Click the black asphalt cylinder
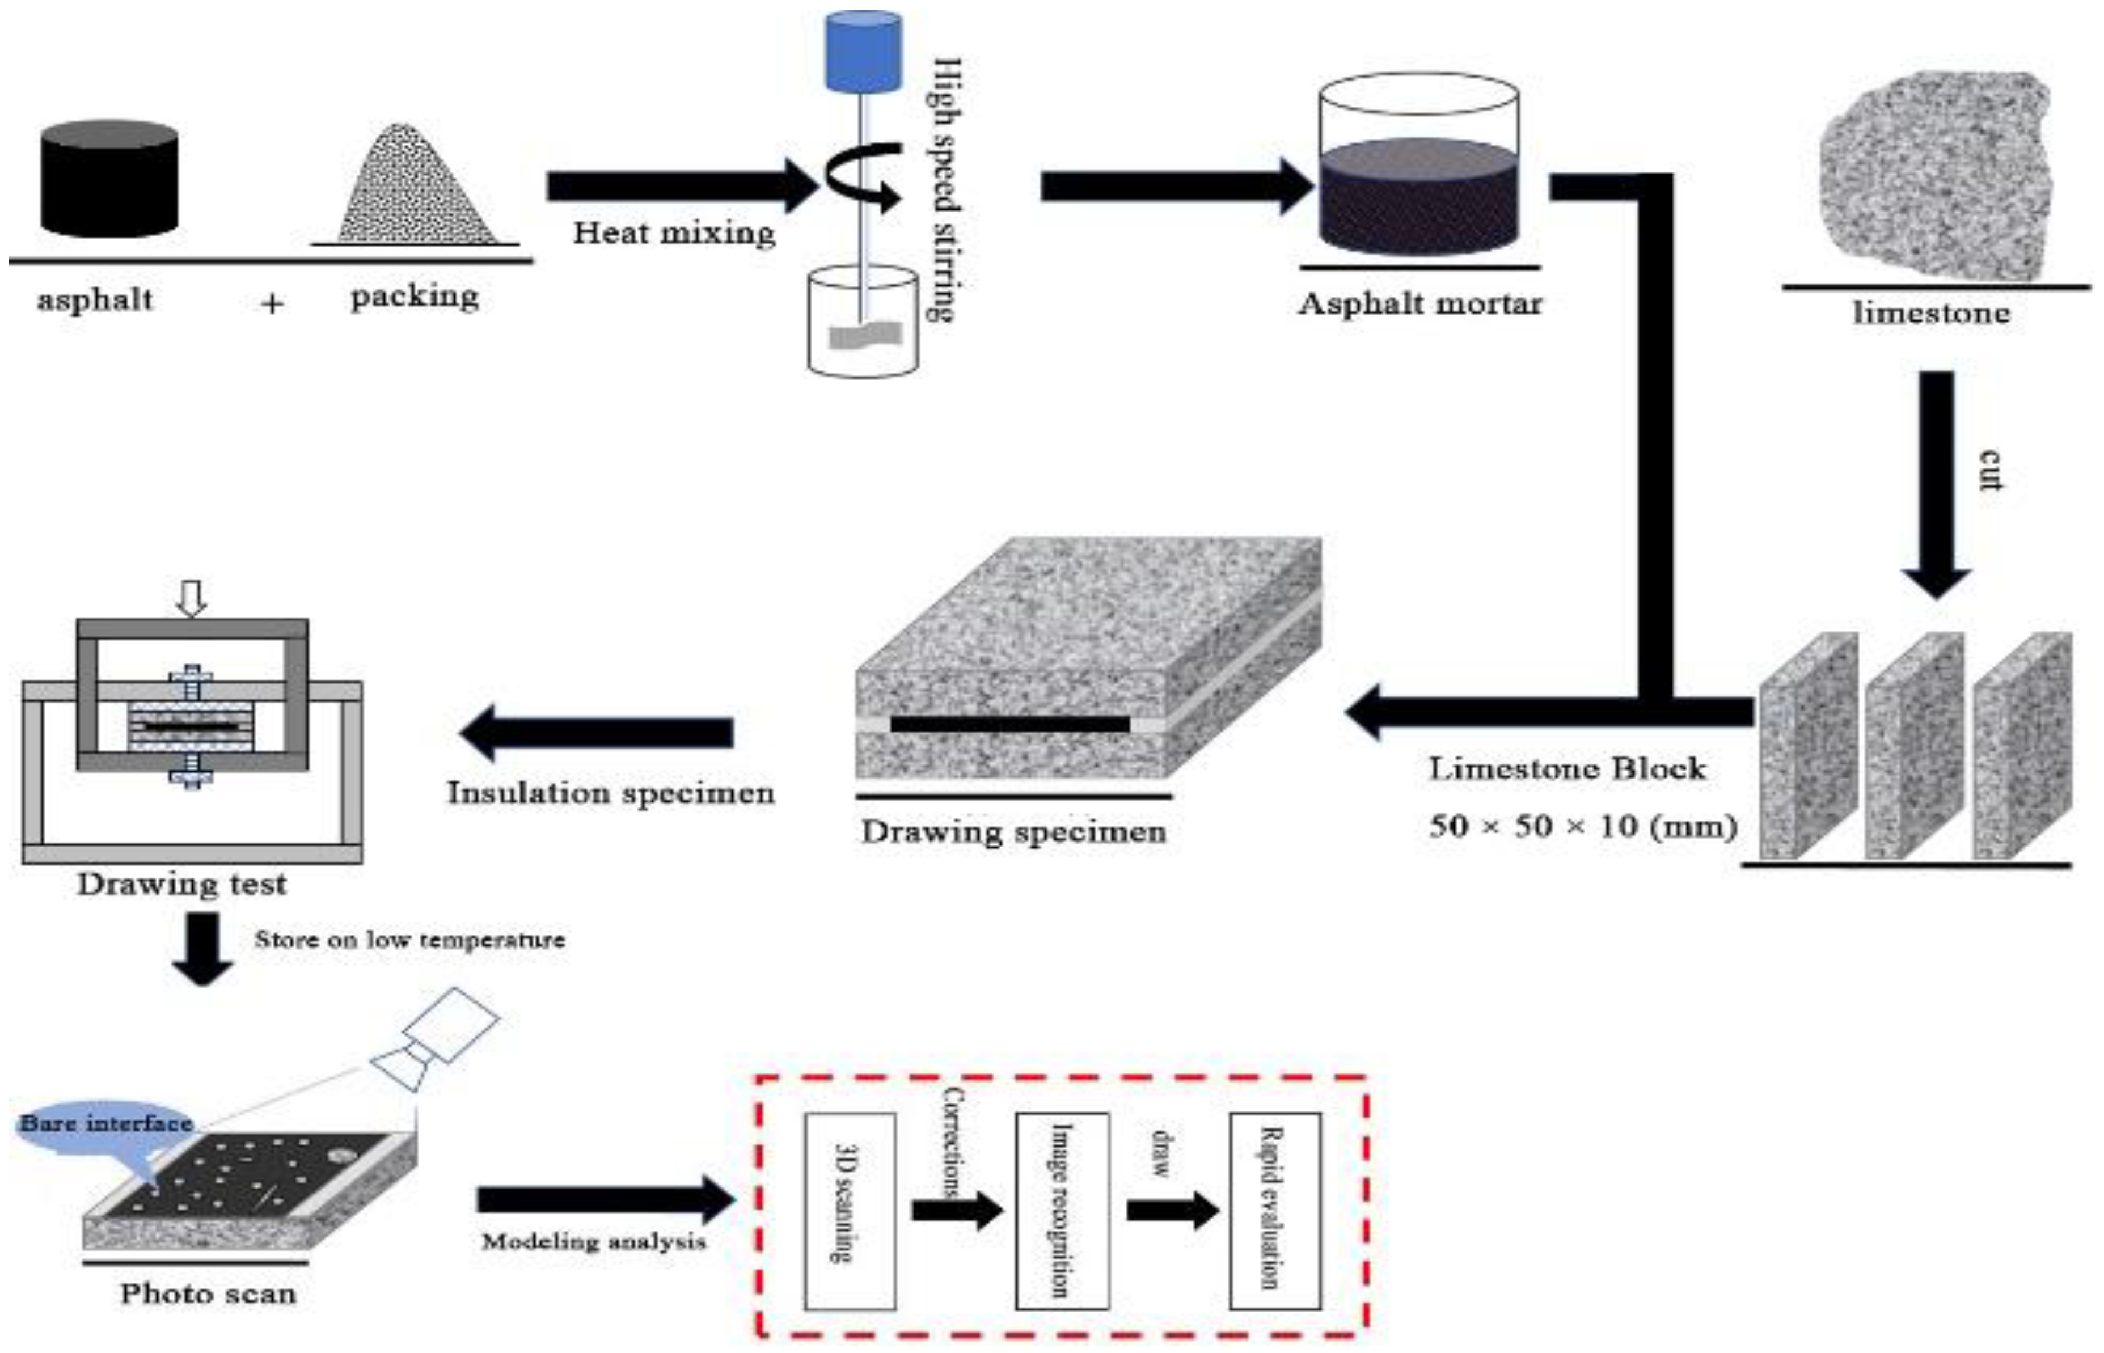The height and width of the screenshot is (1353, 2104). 109,180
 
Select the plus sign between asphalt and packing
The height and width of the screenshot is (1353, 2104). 272,304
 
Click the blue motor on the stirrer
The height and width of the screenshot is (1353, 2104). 863,51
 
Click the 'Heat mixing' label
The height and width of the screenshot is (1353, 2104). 674,233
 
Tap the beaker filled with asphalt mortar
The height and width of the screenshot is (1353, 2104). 1419,167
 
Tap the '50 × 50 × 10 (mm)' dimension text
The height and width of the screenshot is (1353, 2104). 1581,826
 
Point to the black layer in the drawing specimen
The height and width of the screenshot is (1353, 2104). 1010,724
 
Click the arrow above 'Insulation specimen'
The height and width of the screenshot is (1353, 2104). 597,733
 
